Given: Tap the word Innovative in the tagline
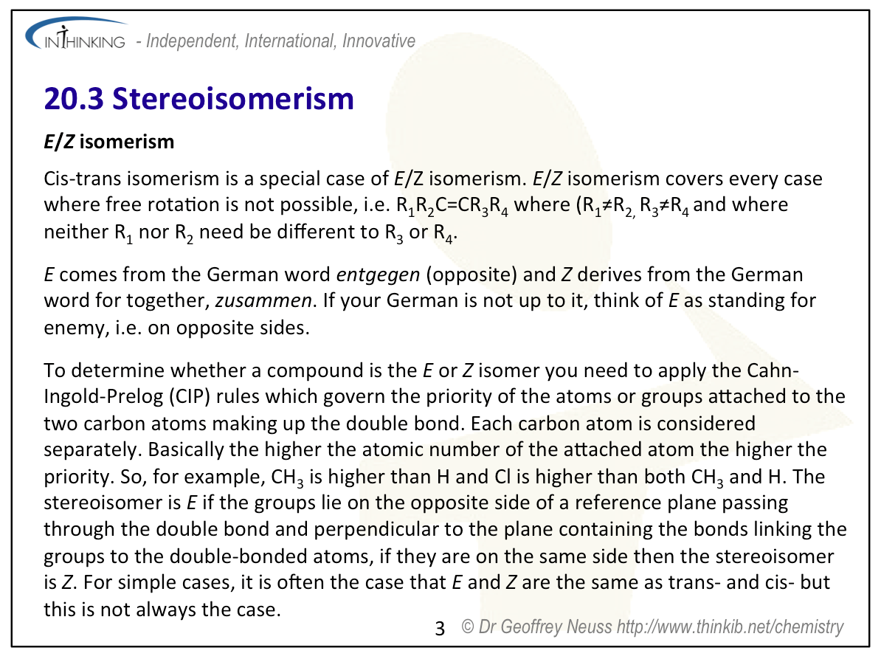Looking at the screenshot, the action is point(379,41).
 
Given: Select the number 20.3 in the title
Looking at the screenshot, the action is point(74,98).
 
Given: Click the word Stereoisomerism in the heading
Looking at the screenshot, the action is point(233,98).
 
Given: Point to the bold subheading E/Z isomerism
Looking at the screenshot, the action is point(109,142).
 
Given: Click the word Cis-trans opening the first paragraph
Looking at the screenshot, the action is point(83,179).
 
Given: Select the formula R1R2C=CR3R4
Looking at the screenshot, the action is point(452,206).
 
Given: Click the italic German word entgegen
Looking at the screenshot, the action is point(378,275).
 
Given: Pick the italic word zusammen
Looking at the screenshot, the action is point(263,301).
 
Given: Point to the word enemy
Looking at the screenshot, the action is point(76,328).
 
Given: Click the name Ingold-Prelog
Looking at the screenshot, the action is point(104,397).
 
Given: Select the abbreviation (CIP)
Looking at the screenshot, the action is point(190,397).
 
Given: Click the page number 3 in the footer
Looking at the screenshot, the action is point(440,629).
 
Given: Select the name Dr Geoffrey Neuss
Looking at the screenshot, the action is point(545,627).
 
